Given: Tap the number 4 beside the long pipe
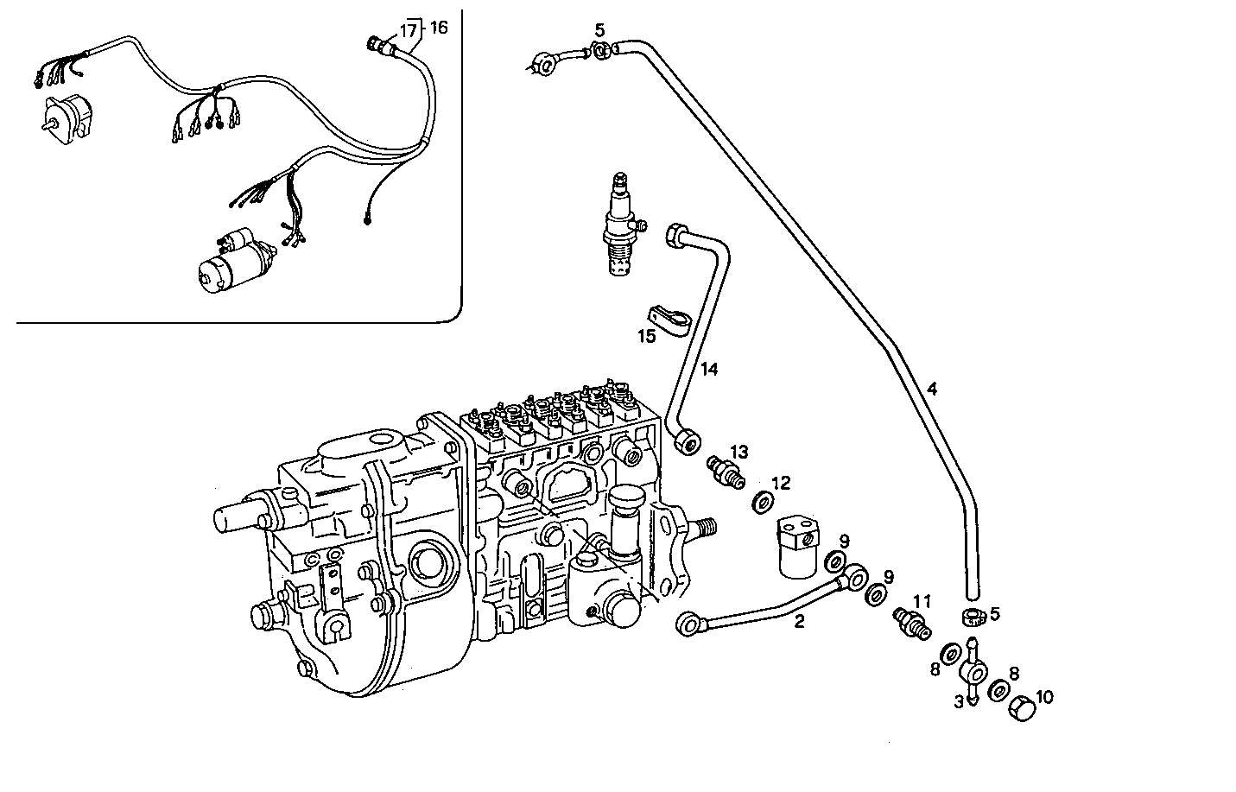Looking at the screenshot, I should [x=931, y=389].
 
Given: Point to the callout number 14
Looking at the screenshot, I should [x=709, y=370].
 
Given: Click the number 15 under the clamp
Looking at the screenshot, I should [x=647, y=337].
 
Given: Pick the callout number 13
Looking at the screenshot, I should [x=738, y=452].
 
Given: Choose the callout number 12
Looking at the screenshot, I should [x=781, y=483].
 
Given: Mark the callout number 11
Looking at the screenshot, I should [x=922, y=600].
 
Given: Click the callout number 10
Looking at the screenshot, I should [x=1044, y=696].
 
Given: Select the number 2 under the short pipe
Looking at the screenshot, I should [x=799, y=621].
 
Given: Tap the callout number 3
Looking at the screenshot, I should [x=958, y=703].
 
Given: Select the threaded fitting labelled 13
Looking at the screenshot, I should [x=724, y=472].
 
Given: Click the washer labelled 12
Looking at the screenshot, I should [x=764, y=502].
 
